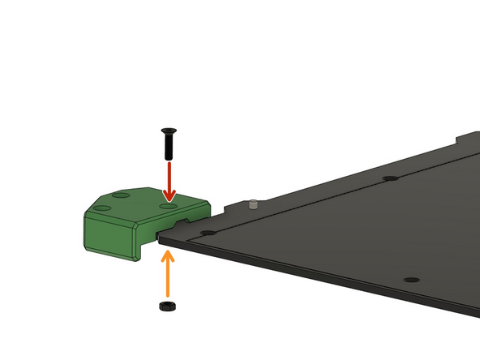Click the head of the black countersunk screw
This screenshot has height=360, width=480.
(x=169, y=131)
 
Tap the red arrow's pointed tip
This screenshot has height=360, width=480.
(x=169, y=199)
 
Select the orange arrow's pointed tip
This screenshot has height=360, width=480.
(x=169, y=252)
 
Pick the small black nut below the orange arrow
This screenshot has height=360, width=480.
(x=168, y=306)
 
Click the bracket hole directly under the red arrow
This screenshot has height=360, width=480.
(x=168, y=207)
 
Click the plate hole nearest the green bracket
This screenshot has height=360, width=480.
(x=208, y=233)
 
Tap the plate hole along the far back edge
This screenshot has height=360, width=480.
(x=391, y=178)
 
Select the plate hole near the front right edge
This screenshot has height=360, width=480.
(x=412, y=279)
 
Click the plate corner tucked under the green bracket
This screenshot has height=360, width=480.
(x=162, y=238)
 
